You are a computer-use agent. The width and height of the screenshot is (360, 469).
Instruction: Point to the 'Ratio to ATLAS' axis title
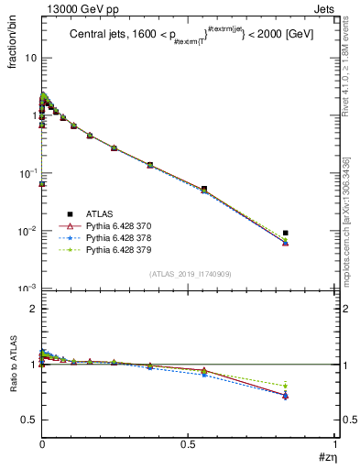click(13, 378)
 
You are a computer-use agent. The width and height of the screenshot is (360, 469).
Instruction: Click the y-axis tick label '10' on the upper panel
click(30, 58)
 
